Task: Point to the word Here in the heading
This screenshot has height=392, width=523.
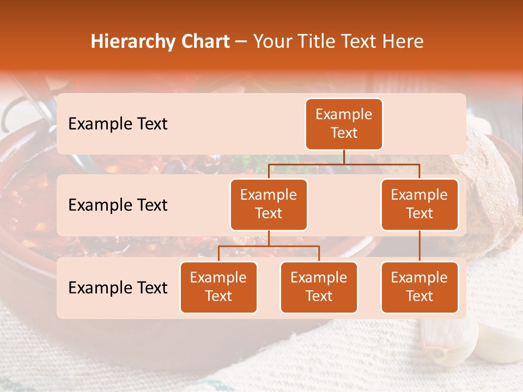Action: click(x=404, y=41)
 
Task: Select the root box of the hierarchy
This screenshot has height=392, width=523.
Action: click(x=344, y=124)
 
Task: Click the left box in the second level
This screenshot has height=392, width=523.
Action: click(x=269, y=205)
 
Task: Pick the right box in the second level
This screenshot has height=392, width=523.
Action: click(x=419, y=205)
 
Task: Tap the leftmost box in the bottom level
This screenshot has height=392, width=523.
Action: click(x=218, y=287)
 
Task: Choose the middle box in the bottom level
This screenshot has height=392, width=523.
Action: click(x=319, y=287)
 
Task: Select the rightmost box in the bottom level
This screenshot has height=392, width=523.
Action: click(x=419, y=287)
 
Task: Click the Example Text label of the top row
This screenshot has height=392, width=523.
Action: click(x=118, y=124)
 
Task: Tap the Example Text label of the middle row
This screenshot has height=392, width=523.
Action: click(x=118, y=205)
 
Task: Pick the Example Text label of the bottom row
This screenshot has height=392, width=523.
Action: click(x=118, y=288)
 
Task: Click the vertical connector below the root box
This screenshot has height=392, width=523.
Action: click(x=344, y=157)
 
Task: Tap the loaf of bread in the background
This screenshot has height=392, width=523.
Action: click(x=490, y=180)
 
